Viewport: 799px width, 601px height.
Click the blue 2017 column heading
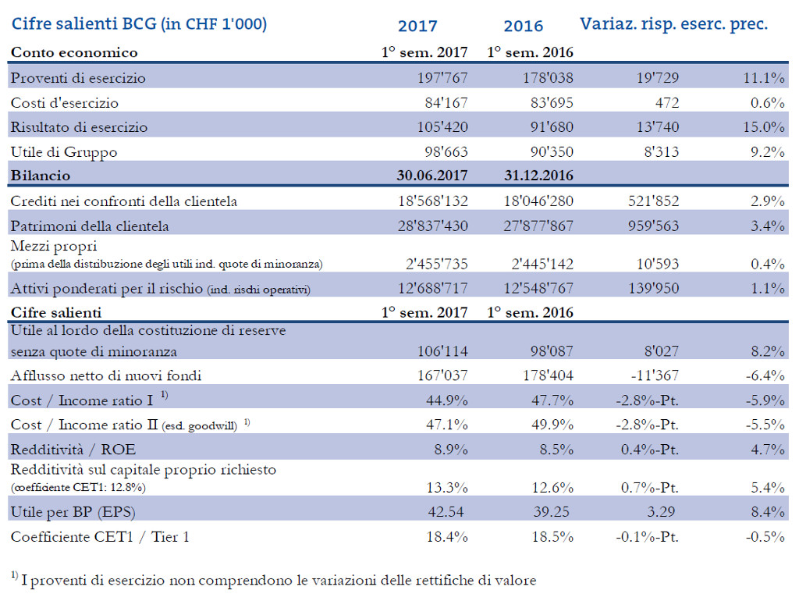(417, 26)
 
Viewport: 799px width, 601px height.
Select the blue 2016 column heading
(523, 26)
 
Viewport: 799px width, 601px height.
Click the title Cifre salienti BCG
(139, 24)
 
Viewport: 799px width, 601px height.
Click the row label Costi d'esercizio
(65, 102)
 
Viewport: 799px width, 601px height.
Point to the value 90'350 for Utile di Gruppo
(546, 151)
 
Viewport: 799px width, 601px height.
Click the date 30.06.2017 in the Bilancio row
(431, 176)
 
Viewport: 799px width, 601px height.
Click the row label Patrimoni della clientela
(90, 226)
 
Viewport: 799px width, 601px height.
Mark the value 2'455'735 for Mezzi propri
(434, 264)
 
